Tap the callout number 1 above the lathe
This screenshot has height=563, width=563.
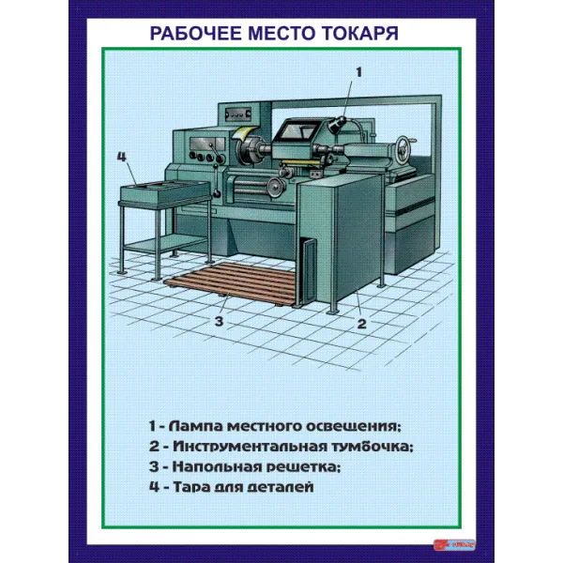[358, 70]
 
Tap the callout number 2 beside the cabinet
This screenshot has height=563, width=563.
[360, 325]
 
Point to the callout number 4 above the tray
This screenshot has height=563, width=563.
[121, 157]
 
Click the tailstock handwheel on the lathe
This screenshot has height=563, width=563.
[404, 148]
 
